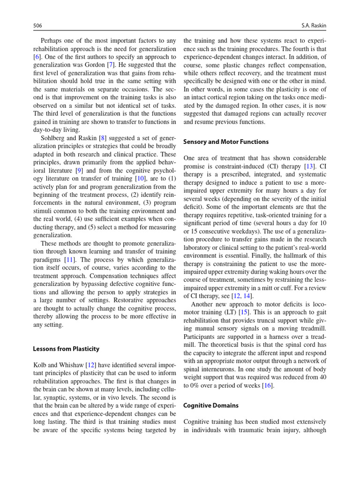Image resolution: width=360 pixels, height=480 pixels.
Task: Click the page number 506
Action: [38, 24]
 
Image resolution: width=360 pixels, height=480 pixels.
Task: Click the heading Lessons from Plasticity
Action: [66, 349]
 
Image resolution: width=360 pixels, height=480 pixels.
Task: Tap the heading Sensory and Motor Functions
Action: [226, 142]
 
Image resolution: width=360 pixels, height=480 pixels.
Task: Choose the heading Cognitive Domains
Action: [210, 405]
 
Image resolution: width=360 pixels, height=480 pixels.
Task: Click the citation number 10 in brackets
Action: [140, 179]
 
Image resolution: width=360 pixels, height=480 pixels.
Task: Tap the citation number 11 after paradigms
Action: [69, 260]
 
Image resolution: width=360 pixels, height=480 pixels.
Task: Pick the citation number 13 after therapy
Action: [309, 166]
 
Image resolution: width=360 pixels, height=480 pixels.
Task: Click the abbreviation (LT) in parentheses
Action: [229, 312]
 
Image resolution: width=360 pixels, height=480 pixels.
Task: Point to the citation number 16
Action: [267, 385]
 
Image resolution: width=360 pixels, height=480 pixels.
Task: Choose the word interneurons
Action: [210, 369]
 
